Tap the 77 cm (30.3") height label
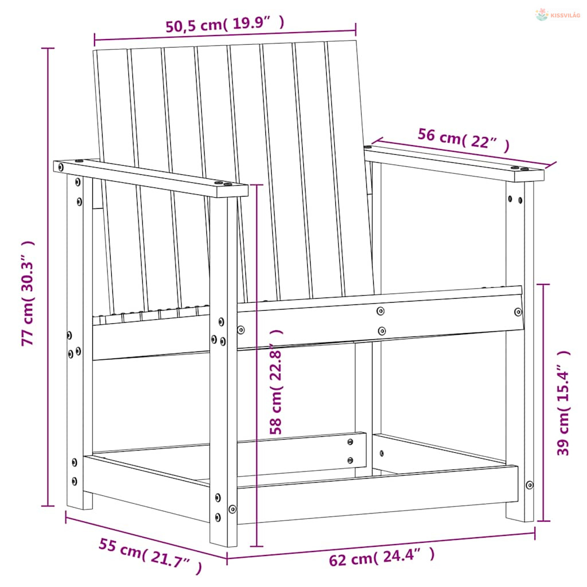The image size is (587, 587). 28,293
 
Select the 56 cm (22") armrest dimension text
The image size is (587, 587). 463,140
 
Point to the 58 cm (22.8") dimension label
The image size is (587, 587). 276,382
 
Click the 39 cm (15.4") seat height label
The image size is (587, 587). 563,403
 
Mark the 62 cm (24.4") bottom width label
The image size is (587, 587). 382,557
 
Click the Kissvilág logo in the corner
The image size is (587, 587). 557,15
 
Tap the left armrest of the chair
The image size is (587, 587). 151,178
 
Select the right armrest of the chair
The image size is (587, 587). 454,163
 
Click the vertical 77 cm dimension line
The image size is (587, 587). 48,277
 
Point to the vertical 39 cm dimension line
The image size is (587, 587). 543,402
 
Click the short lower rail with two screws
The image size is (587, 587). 302,455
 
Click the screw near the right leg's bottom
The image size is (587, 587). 529,485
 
